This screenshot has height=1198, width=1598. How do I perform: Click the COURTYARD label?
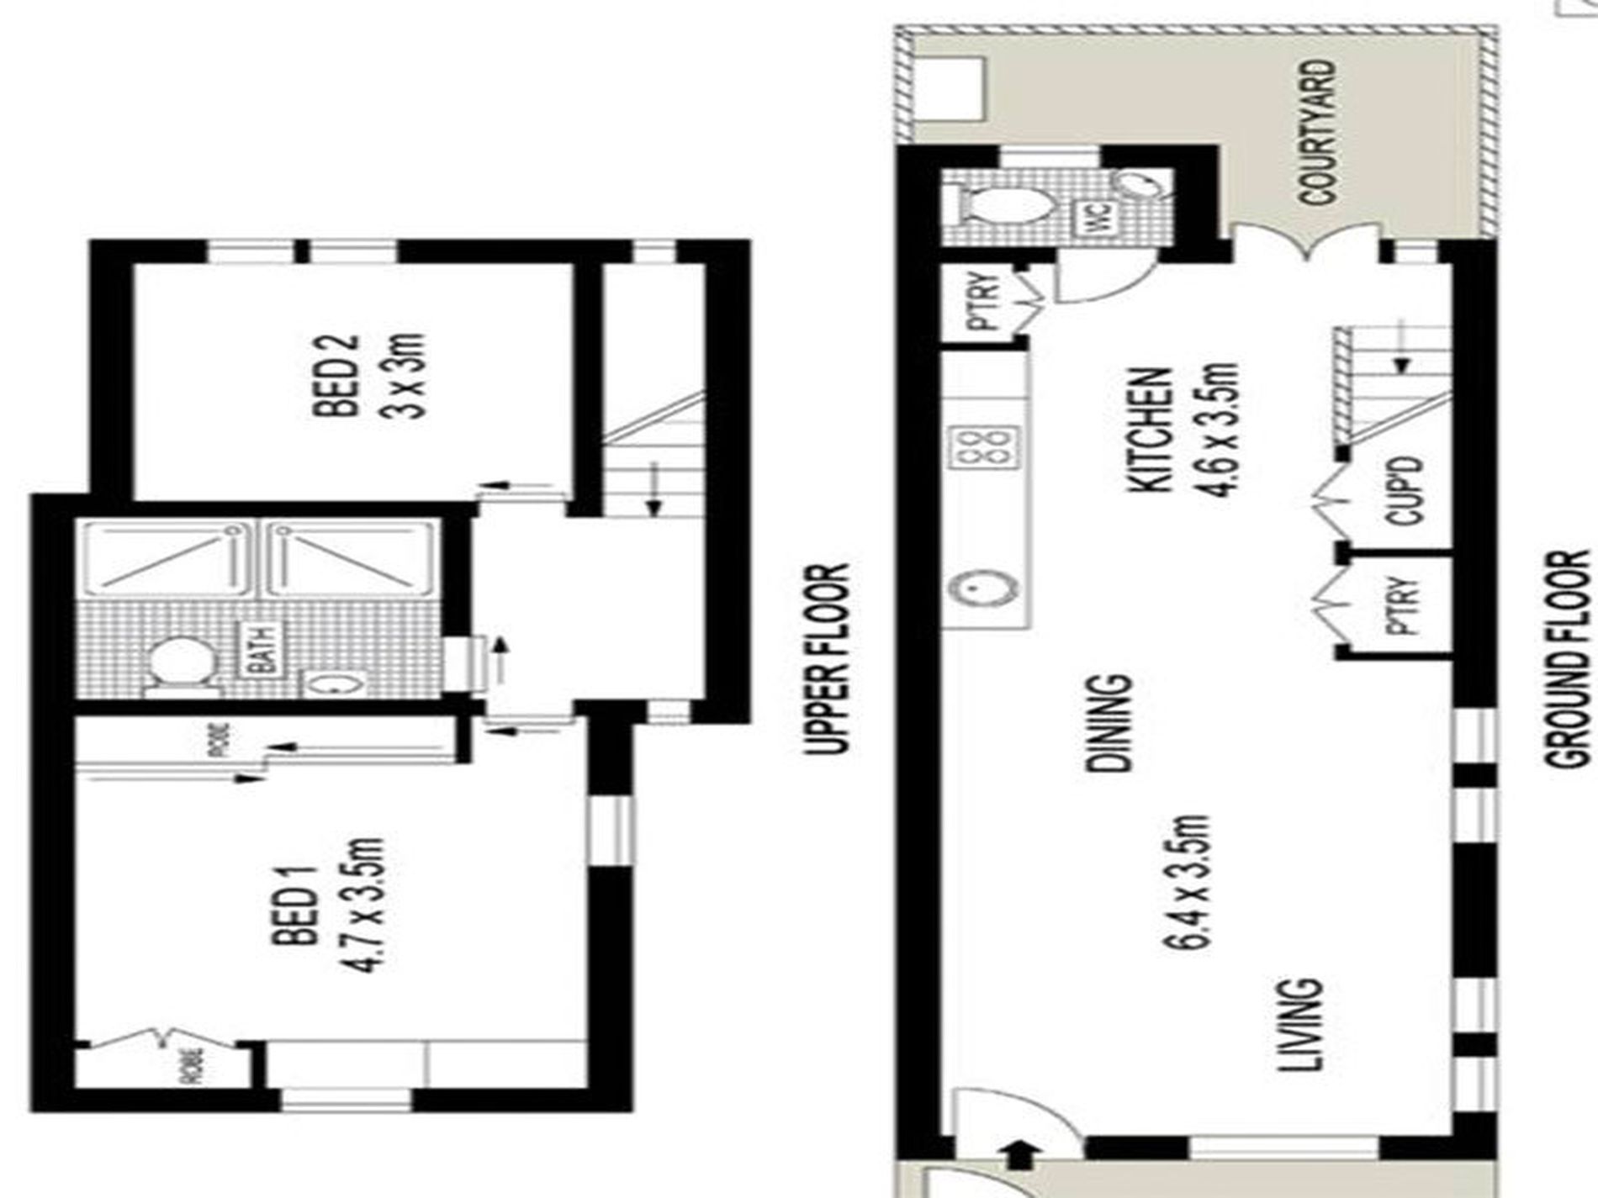pyautogui.click(x=1317, y=132)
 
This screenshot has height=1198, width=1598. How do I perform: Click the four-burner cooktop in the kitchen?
pyautogui.click(x=983, y=446)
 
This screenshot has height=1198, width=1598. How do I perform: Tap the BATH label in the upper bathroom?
pyautogui.click(x=263, y=649)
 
